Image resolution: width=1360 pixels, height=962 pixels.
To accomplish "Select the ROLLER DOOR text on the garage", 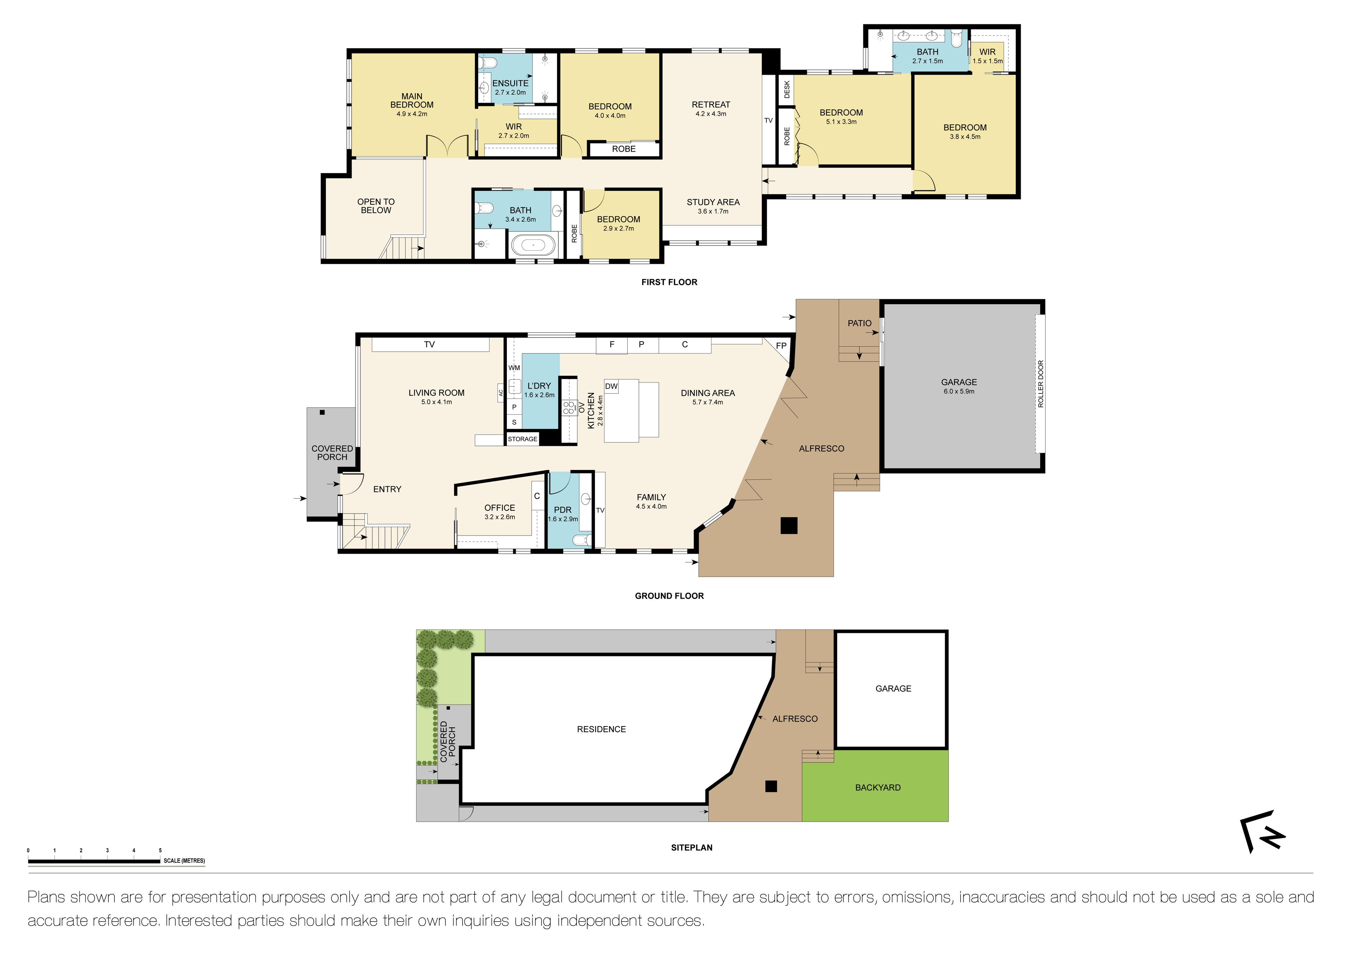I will [1041, 384].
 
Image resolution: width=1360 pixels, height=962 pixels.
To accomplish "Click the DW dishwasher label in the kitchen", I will [611, 386].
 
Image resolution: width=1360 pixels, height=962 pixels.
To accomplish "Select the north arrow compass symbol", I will [1262, 831].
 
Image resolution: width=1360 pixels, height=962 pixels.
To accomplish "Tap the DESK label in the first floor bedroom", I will [787, 90].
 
